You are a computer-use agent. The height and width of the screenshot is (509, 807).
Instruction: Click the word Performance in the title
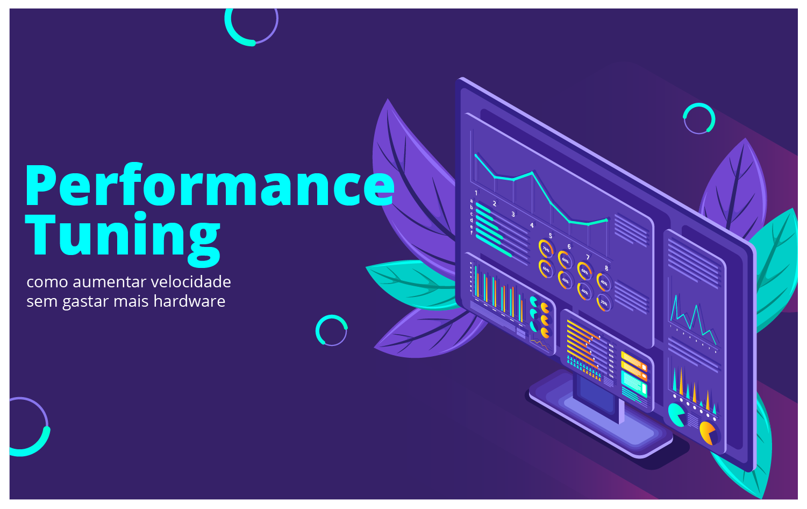210,186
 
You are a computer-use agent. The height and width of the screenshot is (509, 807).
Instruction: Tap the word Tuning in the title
123,236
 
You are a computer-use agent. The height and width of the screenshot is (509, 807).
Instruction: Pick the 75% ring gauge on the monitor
546,249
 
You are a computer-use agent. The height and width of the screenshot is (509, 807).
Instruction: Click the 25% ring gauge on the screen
604,303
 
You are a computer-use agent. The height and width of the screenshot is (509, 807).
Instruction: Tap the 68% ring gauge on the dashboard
584,271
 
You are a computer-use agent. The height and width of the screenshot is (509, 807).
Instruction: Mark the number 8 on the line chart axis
606,268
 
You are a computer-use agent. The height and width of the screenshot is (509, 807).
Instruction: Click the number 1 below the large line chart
476,193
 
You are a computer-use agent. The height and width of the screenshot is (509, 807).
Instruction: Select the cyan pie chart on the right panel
676,414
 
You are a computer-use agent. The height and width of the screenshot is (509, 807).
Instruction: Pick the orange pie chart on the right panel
708,433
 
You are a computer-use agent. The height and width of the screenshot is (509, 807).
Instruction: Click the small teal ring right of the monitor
699,118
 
